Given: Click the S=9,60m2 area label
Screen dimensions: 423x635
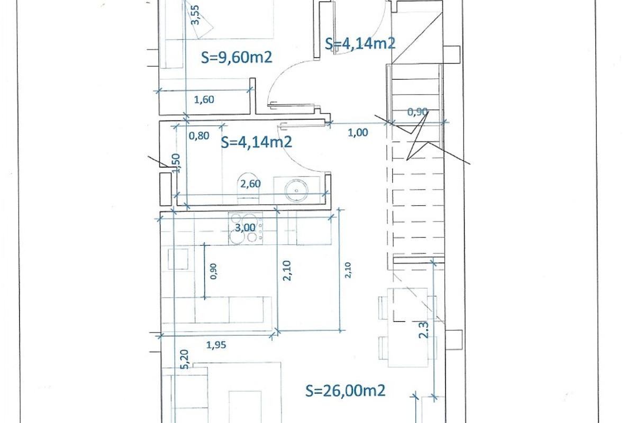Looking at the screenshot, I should coord(237,57).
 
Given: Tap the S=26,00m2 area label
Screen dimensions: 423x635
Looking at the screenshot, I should coord(346,391).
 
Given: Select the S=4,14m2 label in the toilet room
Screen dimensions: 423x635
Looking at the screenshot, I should coord(257,142).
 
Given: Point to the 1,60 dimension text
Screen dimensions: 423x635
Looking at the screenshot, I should coord(204,99).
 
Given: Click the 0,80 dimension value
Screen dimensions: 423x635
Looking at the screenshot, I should coord(199,135).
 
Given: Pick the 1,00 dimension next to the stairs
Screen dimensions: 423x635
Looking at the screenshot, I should coord(358,133).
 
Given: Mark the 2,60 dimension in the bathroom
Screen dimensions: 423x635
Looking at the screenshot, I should coord(250,184).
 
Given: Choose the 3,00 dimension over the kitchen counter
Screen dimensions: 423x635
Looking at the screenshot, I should coord(245,227).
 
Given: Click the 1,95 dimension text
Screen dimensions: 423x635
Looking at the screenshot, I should coord(216,345).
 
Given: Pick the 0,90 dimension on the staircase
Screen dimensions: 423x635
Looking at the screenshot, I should coord(418,112).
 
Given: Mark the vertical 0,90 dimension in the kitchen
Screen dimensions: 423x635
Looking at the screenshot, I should coord(213,271).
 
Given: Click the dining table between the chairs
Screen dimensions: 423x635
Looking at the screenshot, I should coord(407,327).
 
